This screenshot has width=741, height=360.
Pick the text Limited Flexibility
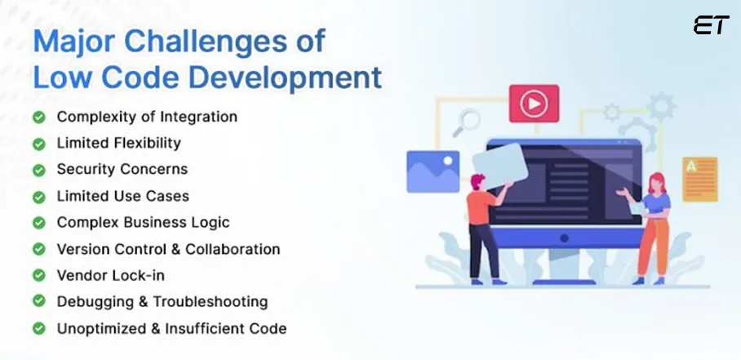pos(118,143)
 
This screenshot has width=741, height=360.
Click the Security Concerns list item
pos(122,170)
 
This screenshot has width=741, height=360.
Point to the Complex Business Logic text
pos(143,222)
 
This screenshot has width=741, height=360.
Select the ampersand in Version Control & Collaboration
pos(177,249)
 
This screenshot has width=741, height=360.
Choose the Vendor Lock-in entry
pos(110,275)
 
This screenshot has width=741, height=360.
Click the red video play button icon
pos(534,104)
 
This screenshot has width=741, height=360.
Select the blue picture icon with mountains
pos(433,172)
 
